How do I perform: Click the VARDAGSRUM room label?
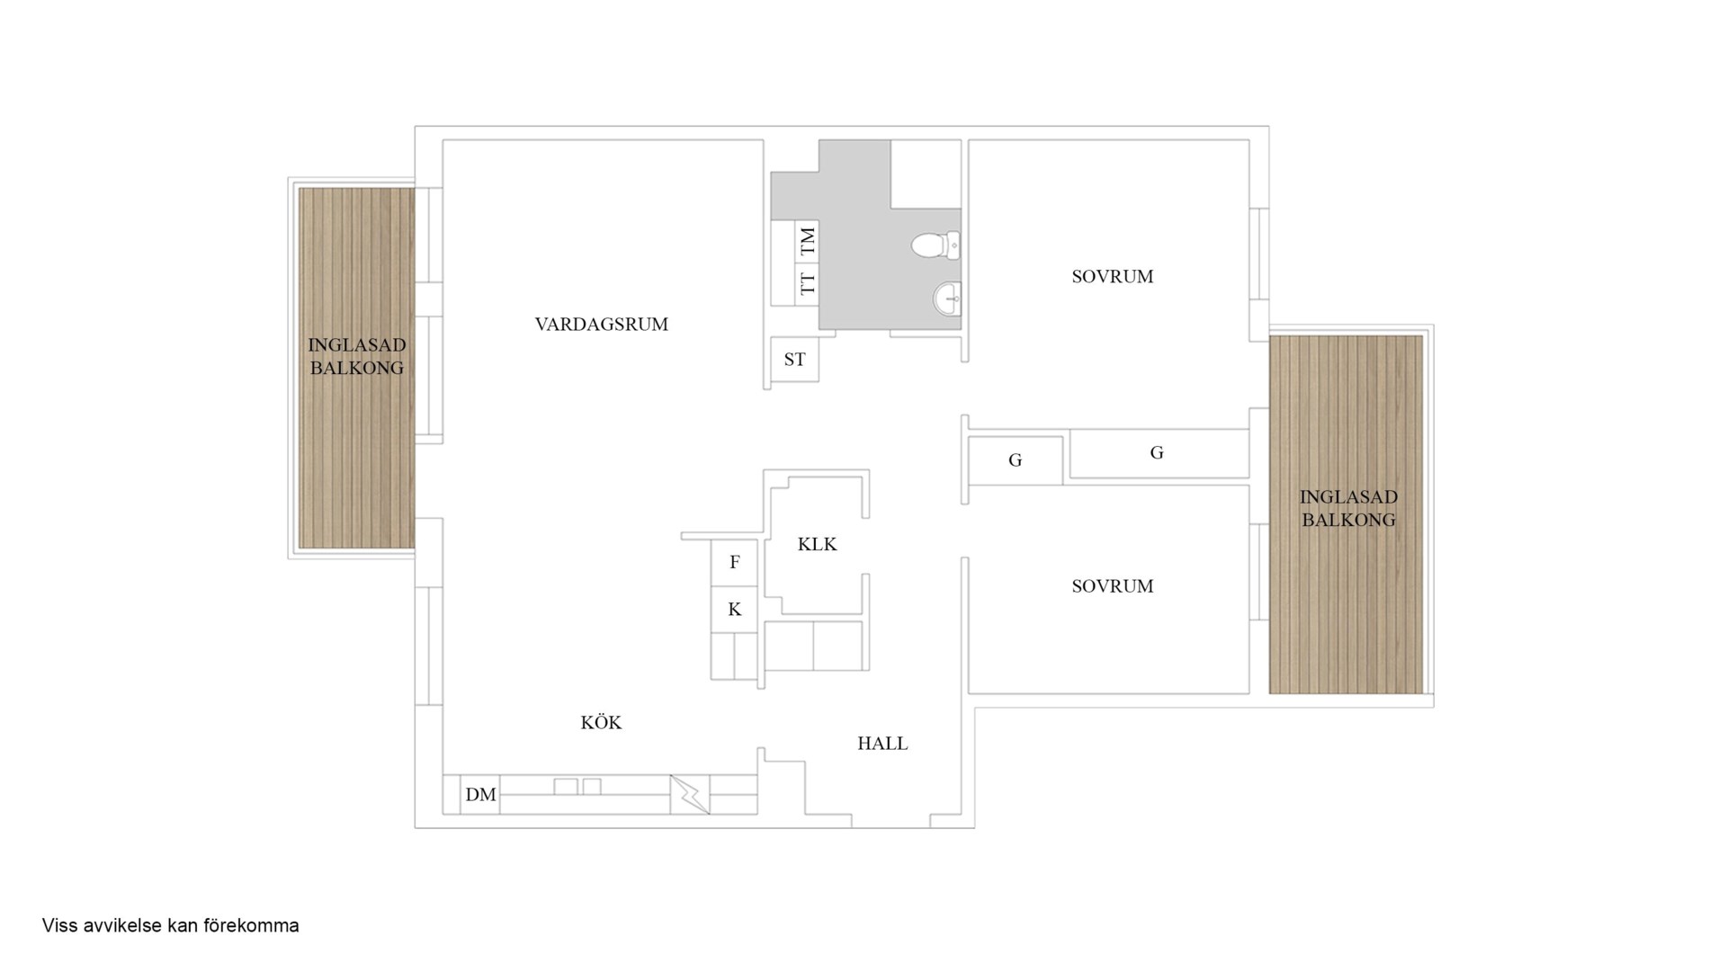click(x=601, y=325)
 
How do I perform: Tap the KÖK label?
click(x=601, y=723)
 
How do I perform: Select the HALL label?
click(x=882, y=744)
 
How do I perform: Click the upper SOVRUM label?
click(x=1112, y=277)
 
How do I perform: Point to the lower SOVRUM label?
click(x=1112, y=586)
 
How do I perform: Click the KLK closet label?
click(x=817, y=544)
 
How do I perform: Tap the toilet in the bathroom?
click(x=935, y=245)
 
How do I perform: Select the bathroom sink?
click(x=947, y=298)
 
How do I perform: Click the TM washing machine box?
click(x=807, y=241)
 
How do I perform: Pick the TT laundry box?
click(x=807, y=284)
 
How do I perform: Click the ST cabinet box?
click(x=794, y=360)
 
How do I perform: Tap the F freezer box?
click(x=734, y=563)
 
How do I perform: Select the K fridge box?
click(x=734, y=610)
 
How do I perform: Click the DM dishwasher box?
click(x=480, y=795)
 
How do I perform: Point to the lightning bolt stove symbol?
click(x=690, y=795)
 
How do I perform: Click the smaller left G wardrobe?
click(x=1015, y=460)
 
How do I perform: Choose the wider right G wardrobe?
click(x=1157, y=453)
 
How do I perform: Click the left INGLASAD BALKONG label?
click(x=356, y=356)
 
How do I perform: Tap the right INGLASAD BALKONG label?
click(x=1348, y=508)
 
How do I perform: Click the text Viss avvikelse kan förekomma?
click(x=170, y=925)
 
